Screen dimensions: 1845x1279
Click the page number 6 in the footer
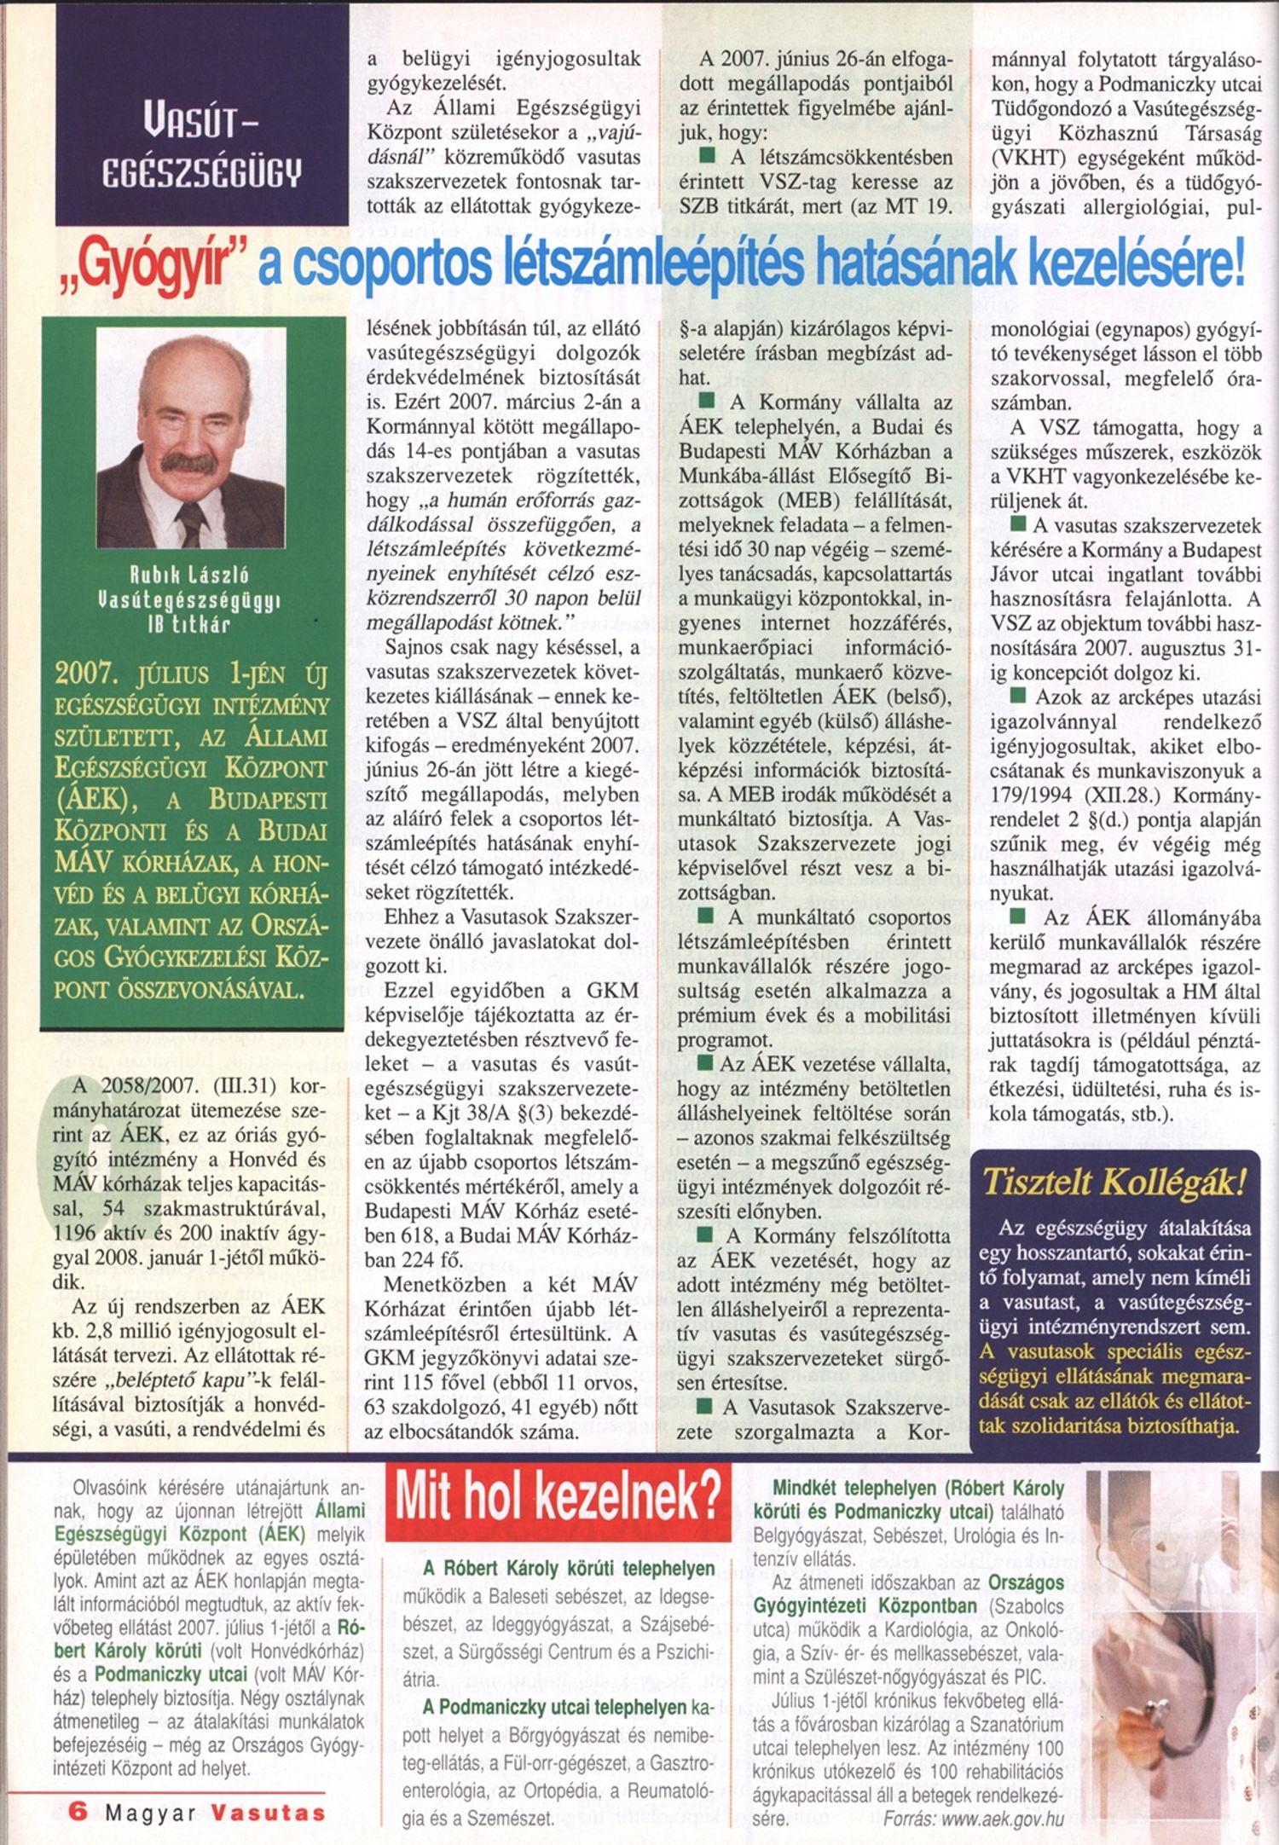pyautogui.click(x=78, y=1812)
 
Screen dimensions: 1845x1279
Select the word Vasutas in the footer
pyautogui.click(x=268, y=1812)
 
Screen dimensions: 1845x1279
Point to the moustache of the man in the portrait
pyautogui.click(x=189, y=463)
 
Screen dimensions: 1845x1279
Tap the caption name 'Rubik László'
pyautogui.click(x=189, y=575)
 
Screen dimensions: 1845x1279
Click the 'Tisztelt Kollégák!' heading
pyautogui.click(x=1114, y=1182)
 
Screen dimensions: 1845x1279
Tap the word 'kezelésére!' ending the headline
pyautogui.click(x=1136, y=266)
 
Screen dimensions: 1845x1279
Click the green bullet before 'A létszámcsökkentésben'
pyautogui.click(x=707, y=156)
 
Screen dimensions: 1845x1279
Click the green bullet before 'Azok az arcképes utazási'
pyautogui.click(x=1017, y=695)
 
